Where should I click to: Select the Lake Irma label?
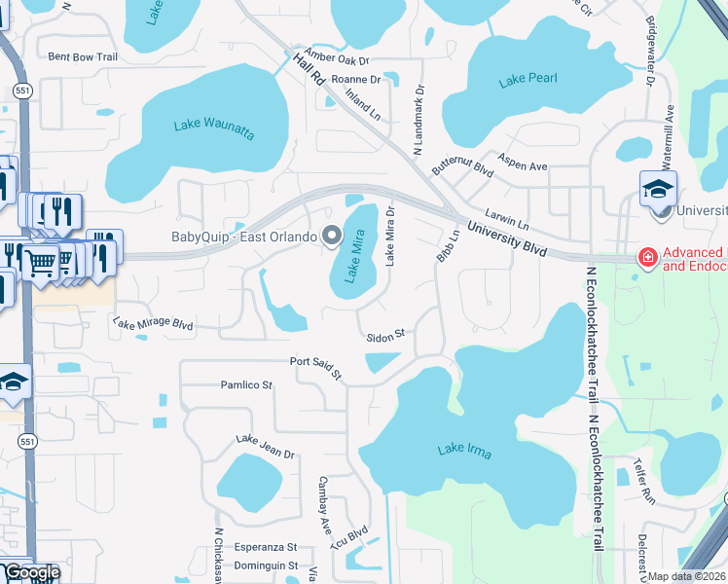pos(465,449)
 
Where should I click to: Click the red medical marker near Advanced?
pos(645,257)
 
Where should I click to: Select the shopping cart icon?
pos(40,261)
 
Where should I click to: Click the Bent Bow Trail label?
pos(83,57)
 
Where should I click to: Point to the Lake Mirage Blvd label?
pos(153,323)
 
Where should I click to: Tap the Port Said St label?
pos(317,366)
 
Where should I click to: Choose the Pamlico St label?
pos(246,385)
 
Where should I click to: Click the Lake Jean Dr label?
pos(265,447)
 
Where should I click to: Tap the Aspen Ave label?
pos(523,161)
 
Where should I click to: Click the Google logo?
pos(31,572)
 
